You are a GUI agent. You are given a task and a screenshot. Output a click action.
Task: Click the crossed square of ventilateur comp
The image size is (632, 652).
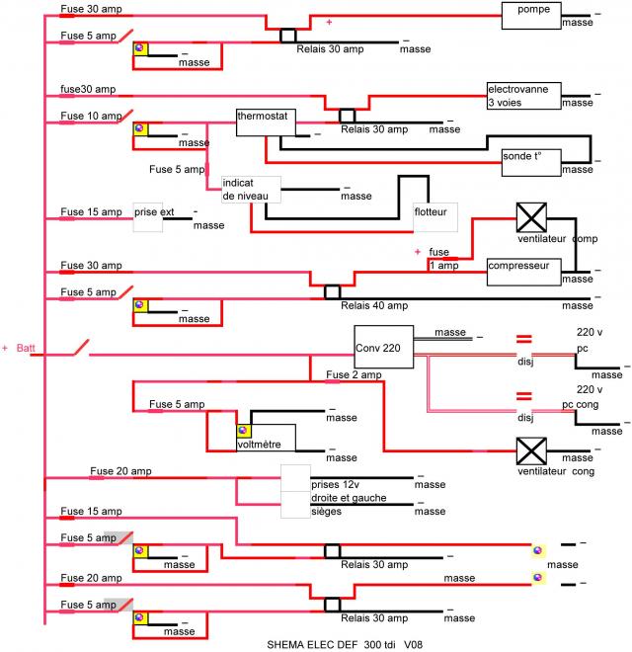[x=531, y=217]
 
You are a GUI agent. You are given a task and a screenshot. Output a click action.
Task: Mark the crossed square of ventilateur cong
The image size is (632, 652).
[x=531, y=450]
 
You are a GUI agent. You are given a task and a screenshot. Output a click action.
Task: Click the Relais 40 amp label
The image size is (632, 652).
[x=374, y=305]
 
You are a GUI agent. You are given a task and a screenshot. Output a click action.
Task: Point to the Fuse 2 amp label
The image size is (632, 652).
[x=354, y=374]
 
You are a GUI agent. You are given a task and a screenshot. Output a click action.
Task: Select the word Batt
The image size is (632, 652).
[x=26, y=348]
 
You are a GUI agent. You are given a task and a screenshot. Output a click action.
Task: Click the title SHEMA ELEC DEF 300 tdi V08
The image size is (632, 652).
[x=345, y=644]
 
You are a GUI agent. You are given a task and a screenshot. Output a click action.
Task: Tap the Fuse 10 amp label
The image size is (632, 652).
[x=91, y=116]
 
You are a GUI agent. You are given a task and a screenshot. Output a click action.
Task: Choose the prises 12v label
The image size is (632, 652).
[x=335, y=484]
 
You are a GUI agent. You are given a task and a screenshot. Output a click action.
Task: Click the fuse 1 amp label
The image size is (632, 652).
[x=443, y=259]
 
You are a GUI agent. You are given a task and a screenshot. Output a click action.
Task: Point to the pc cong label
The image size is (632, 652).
[x=580, y=405]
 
